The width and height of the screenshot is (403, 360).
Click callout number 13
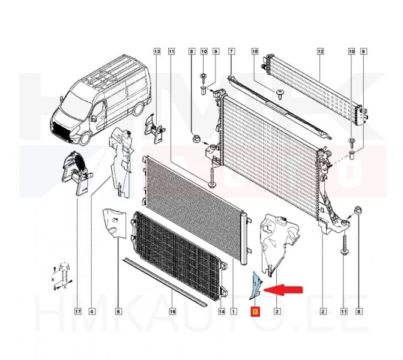(x=157, y=52)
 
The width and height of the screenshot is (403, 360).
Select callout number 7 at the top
(x=231, y=52)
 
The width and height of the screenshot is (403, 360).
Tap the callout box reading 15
(x=255, y=52)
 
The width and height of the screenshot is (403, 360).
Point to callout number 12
(x=320, y=52)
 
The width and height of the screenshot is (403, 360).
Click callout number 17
(x=77, y=311)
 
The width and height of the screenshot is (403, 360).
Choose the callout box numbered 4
(x=91, y=311)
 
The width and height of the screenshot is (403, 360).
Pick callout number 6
(x=118, y=311)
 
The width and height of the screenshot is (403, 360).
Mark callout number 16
(x=172, y=311)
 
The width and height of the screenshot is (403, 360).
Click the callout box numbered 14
(x=222, y=311)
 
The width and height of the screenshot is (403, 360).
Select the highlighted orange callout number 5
(x=255, y=311)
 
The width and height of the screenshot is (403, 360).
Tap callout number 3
(x=276, y=311)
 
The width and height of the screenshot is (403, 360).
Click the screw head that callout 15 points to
(x=280, y=92)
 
